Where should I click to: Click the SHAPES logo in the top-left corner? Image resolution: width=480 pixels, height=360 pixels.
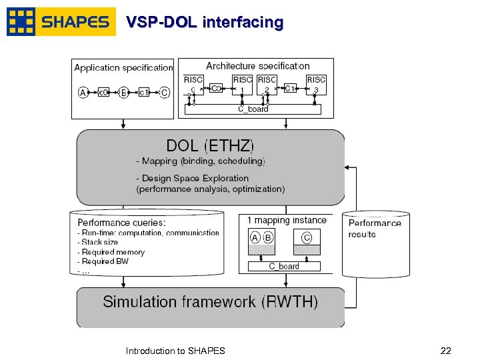(61, 22)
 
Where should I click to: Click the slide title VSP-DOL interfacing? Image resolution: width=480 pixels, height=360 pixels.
(205, 23)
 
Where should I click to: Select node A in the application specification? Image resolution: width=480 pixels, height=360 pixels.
(83, 93)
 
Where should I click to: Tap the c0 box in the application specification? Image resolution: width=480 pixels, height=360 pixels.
(103, 93)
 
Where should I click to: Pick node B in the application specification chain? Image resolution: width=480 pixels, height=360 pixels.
(123, 93)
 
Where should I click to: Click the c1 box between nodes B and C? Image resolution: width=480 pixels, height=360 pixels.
(143, 93)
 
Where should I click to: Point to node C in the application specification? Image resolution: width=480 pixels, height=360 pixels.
(164, 93)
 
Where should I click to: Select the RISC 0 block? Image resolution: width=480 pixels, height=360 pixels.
(193, 84)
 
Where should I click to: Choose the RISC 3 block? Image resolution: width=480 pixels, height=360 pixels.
(316, 84)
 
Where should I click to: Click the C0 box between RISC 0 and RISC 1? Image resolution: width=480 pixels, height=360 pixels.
(216, 87)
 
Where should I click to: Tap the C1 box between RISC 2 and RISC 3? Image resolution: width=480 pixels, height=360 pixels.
(290, 87)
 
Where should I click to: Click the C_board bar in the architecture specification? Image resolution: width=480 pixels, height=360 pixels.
(253, 109)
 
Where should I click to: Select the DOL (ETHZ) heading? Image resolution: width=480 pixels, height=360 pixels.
(210, 145)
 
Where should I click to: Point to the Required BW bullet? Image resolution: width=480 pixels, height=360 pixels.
(104, 261)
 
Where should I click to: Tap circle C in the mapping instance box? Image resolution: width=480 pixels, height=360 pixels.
(307, 237)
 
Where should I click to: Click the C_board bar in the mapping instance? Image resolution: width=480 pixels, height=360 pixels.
(284, 266)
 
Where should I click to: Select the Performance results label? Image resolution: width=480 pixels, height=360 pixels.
(375, 229)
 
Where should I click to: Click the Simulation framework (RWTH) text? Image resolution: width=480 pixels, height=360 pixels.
(211, 302)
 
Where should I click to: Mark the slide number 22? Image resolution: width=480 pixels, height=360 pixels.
(446, 351)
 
